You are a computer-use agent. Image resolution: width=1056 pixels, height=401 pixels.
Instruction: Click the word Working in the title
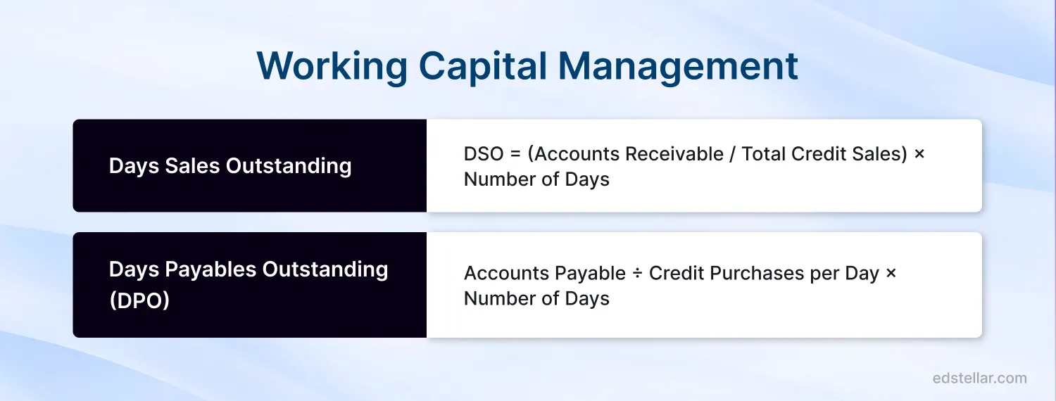tap(332, 67)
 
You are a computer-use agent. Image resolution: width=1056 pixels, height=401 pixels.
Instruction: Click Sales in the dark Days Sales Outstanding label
tap(191, 166)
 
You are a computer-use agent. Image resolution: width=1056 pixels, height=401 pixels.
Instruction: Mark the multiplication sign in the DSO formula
tap(919, 154)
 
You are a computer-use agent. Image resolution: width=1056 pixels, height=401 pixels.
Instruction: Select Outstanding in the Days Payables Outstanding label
tap(325, 269)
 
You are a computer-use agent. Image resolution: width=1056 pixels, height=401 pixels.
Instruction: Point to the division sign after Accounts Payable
tap(637, 274)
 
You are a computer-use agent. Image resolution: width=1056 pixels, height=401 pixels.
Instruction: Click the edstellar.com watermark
tap(979, 378)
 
